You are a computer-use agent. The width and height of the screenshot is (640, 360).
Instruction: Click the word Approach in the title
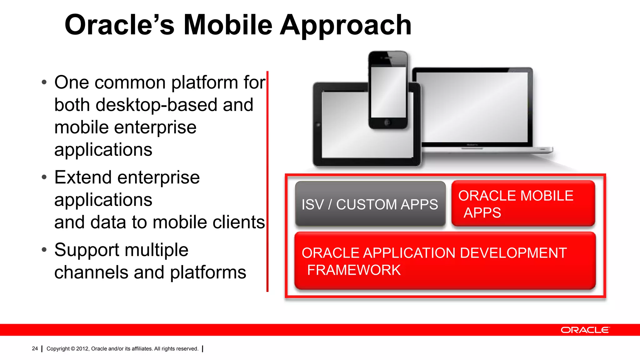[346, 26]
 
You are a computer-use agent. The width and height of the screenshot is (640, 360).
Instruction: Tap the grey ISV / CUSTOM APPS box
[370, 204]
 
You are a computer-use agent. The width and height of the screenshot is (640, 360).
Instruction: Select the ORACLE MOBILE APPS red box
[523, 203]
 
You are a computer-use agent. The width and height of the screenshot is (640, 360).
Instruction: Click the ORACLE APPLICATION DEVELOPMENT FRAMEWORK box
[445, 261]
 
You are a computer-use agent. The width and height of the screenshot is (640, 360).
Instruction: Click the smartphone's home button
[387, 122]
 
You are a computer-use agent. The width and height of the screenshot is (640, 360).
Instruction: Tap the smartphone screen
[388, 92]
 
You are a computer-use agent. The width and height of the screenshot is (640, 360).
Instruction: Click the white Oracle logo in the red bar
[585, 330]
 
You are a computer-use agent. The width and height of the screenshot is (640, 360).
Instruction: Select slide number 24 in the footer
[35, 348]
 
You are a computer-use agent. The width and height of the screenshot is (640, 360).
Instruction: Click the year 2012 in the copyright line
[82, 349]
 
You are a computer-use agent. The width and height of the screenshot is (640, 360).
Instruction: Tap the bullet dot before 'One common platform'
[44, 83]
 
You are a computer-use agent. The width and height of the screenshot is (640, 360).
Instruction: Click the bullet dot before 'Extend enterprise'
[44, 177]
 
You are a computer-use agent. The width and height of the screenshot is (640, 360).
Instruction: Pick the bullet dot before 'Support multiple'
[44, 250]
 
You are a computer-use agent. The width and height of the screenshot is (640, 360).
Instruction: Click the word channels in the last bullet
[91, 272]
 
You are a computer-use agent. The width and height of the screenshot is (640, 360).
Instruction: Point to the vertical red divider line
[267, 181]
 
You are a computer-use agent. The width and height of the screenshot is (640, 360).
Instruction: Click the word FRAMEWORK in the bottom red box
[354, 270]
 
